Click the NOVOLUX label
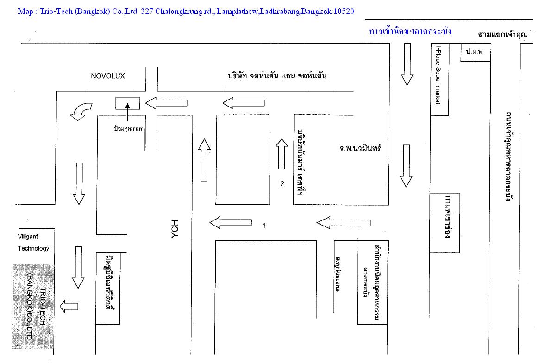(108, 76)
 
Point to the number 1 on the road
(264, 226)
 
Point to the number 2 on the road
(282, 184)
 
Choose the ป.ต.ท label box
(474, 52)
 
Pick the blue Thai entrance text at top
(410, 32)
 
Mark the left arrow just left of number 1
(231, 223)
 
